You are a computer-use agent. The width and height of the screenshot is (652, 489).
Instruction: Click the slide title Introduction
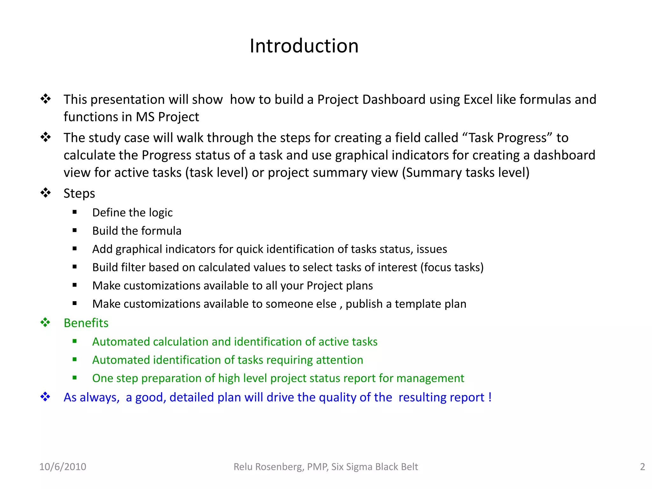coord(304,46)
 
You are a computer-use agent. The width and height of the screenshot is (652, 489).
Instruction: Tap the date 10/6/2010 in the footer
coord(63,467)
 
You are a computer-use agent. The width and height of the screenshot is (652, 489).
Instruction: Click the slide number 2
coord(642,467)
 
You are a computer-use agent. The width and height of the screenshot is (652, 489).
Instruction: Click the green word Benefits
coord(86,323)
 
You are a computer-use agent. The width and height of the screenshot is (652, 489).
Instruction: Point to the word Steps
coord(79,194)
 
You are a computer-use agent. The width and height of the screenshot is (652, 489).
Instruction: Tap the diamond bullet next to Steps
coord(46,193)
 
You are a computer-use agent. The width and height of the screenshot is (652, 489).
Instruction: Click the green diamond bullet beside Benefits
coord(46,322)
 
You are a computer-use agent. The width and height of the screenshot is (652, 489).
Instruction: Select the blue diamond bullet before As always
coord(46,397)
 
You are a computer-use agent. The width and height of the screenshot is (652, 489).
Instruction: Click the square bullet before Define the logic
coord(75,212)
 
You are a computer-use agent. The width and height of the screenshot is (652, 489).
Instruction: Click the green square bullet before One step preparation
coord(75,378)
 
